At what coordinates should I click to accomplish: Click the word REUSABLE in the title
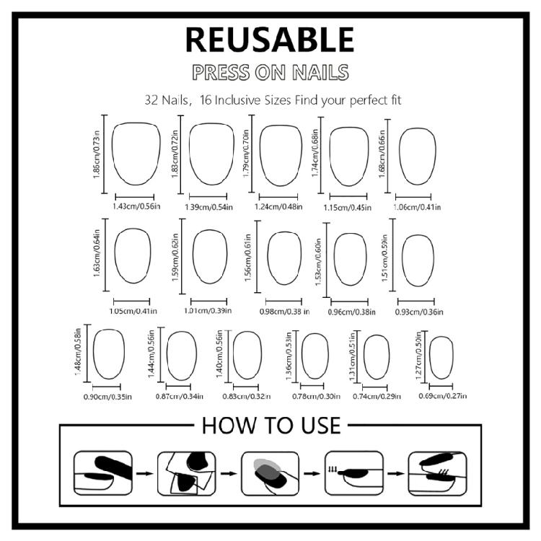click(x=270, y=40)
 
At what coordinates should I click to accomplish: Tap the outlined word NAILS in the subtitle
click(x=320, y=72)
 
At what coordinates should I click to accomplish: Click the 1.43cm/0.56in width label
click(x=136, y=206)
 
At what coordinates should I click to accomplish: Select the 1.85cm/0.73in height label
click(x=96, y=154)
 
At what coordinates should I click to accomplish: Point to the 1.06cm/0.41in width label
click(x=418, y=207)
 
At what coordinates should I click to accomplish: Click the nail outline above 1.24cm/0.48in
click(x=281, y=126)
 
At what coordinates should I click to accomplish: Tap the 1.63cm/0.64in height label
click(x=97, y=253)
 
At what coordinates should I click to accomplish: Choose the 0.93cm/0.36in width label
click(x=419, y=312)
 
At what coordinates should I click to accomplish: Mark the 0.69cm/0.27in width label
click(x=443, y=396)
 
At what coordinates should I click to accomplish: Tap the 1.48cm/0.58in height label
click(x=78, y=353)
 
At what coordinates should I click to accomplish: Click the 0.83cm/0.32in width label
click(x=247, y=397)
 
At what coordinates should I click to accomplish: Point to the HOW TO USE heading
click(x=271, y=426)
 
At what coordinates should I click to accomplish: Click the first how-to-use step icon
click(x=103, y=473)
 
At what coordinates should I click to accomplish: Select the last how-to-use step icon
click(x=438, y=473)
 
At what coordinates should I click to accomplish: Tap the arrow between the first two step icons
click(x=145, y=473)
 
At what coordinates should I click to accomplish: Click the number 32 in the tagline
click(x=151, y=100)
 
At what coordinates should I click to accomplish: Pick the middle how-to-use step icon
click(x=270, y=473)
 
